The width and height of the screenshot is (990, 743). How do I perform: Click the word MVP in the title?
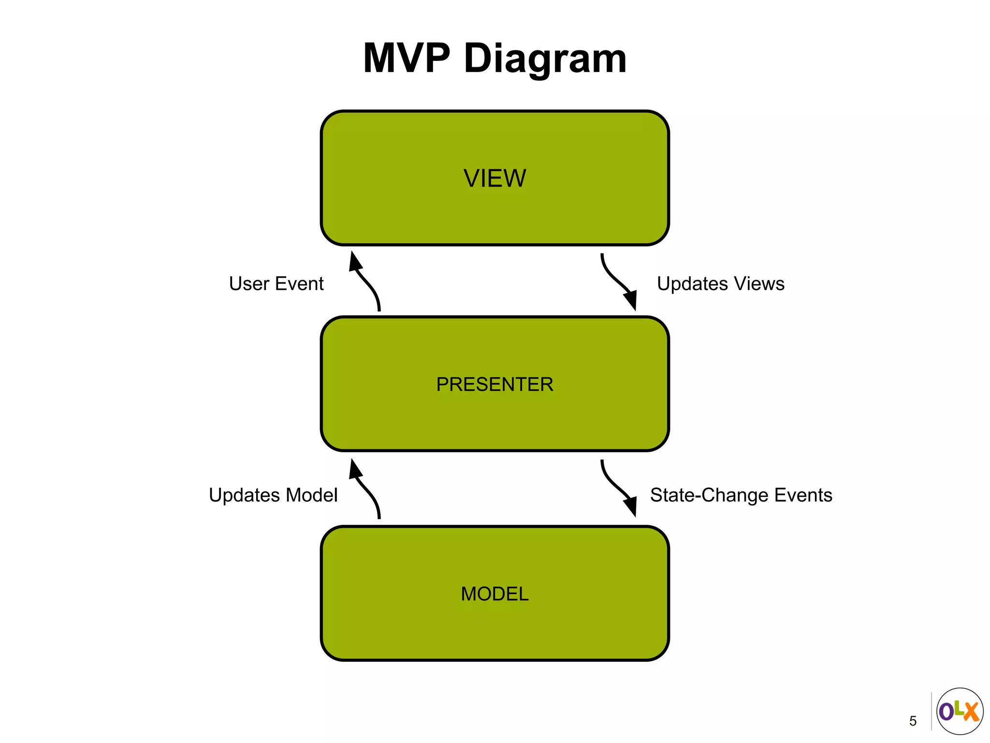click(x=407, y=59)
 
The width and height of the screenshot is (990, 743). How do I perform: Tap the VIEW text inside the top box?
click(x=495, y=178)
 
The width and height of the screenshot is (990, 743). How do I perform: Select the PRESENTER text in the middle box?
click(x=495, y=385)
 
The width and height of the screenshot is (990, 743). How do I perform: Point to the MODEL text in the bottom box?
click(x=495, y=594)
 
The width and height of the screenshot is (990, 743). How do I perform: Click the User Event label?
click(x=276, y=284)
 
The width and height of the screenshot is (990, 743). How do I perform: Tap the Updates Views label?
click(x=720, y=284)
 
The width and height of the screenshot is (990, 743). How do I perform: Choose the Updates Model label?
click(x=273, y=495)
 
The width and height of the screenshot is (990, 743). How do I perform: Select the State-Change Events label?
click(x=741, y=495)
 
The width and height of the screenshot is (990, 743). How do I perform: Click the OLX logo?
click(x=960, y=711)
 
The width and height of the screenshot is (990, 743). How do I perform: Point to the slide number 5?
click(x=913, y=721)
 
